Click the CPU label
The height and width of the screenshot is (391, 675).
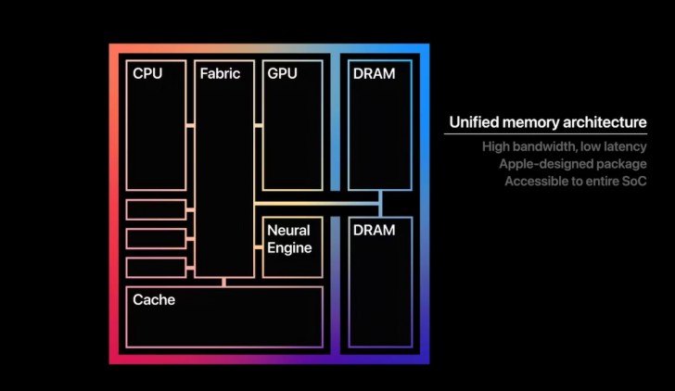tap(147, 74)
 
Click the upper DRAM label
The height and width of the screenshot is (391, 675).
tap(374, 74)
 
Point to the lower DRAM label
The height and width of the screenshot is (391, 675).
tap(374, 230)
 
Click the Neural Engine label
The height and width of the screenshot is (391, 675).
tap(288, 238)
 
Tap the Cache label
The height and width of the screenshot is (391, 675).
tap(154, 300)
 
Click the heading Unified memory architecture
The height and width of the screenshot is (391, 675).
tap(547, 122)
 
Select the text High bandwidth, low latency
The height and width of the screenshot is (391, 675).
tap(564, 146)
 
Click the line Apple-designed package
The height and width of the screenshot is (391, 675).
tap(572, 164)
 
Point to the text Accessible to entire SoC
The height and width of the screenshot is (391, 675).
tap(575, 181)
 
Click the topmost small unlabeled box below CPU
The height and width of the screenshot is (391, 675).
tap(156, 209)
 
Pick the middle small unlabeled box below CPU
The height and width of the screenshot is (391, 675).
tap(156, 238)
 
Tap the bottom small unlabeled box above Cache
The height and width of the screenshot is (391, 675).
tap(156, 268)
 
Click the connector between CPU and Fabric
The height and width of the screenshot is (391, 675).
tap(190, 125)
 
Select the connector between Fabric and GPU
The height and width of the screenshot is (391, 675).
tap(259, 125)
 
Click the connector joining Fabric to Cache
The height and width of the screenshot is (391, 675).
tap(223, 282)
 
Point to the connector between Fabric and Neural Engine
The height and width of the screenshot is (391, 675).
tap(259, 246)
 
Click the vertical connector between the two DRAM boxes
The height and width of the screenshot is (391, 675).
tap(380, 203)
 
